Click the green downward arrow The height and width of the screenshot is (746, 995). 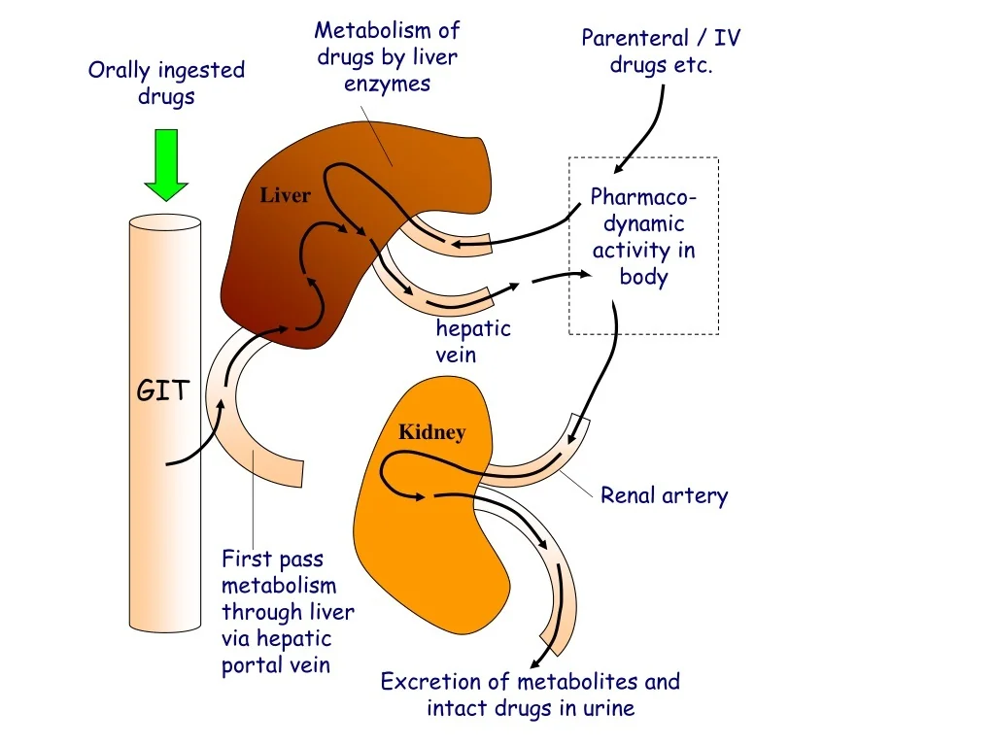pyautogui.click(x=165, y=167)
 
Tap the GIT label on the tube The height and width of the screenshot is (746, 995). pyautogui.click(x=163, y=391)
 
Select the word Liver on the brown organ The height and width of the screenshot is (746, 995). pyautogui.click(x=285, y=195)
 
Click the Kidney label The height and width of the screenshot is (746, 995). pyautogui.click(x=431, y=432)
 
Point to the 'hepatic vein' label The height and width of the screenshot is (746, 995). pyautogui.click(x=472, y=341)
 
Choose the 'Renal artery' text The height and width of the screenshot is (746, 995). pyautogui.click(x=664, y=495)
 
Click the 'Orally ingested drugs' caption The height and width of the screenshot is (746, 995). pyautogui.click(x=166, y=83)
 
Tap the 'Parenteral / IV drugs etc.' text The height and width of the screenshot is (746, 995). pyautogui.click(x=661, y=51)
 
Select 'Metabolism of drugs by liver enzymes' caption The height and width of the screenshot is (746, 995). pyautogui.click(x=387, y=57)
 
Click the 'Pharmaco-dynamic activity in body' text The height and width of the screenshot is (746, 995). pyautogui.click(x=643, y=237)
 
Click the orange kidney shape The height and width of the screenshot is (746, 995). pyautogui.click(x=437, y=544)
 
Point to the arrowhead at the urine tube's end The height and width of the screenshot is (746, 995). pyautogui.click(x=534, y=661)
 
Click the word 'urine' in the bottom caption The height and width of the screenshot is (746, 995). pyautogui.click(x=608, y=708)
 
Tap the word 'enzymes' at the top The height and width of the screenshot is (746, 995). pyautogui.click(x=387, y=84)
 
